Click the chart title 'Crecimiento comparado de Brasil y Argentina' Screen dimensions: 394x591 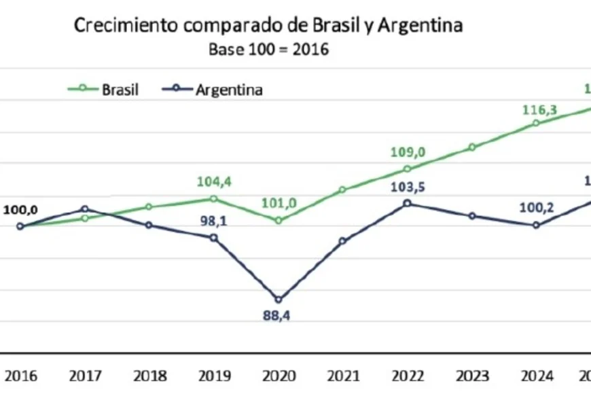pos(268,26)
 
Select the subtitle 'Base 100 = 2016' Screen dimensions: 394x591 pos(268,50)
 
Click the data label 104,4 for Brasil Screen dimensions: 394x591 pos(215,183)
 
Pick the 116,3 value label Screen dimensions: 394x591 pos(537,109)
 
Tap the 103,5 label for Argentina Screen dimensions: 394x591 pos(407,187)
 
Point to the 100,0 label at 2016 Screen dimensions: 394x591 pos(20,210)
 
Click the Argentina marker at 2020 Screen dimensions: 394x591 pos(278,299)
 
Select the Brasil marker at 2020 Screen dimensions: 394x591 pos(278,220)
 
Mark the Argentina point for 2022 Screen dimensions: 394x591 pos(407,203)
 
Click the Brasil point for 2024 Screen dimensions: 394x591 pos(536,123)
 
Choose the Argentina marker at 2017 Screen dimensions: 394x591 pos(84,209)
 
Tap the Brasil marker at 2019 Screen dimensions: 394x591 pos(213,198)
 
